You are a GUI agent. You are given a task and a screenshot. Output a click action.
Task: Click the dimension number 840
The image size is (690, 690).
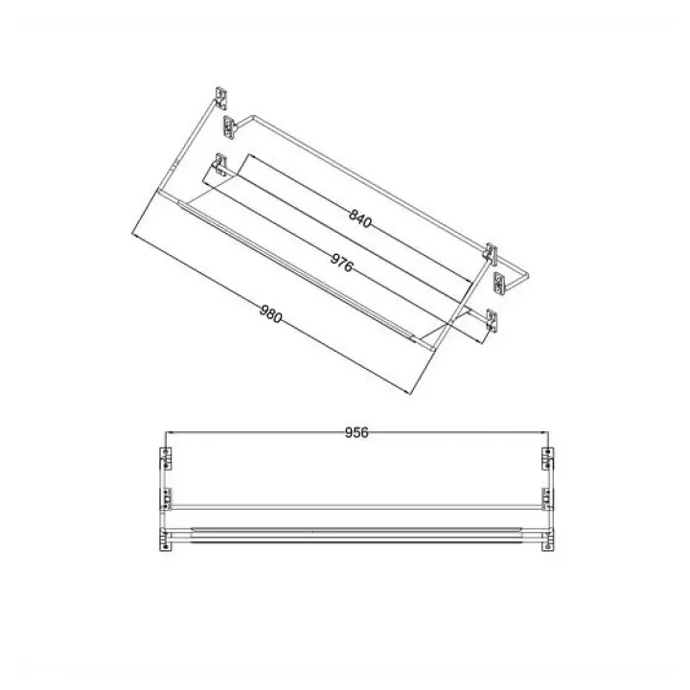tap(360, 218)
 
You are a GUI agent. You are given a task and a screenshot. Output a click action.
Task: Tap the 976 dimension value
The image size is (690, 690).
tap(341, 264)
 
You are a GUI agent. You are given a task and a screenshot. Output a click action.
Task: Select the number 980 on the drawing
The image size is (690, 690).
tap(270, 313)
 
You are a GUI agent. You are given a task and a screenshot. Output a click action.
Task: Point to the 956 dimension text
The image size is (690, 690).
tap(356, 433)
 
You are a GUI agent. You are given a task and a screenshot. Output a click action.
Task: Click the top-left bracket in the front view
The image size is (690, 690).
tap(166, 459)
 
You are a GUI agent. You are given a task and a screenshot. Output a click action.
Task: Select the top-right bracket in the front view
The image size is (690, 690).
tap(548, 459)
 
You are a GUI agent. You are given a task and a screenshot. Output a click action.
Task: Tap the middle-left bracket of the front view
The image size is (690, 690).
tap(166, 499)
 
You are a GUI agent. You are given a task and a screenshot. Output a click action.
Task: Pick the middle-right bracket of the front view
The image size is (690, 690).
tap(548, 499)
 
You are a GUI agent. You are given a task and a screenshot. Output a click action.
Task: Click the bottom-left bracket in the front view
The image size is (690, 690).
tap(165, 540)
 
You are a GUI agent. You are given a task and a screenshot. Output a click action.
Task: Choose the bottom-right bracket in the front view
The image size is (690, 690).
tap(548, 540)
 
